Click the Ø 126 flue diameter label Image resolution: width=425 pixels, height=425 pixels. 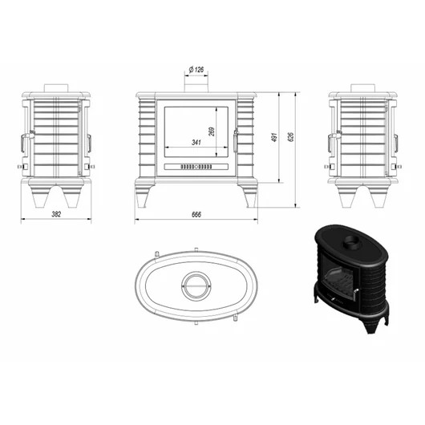tap(196, 70)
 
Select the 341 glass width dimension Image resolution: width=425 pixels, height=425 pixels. tap(196, 142)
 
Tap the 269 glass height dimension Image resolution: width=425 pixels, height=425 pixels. tap(212, 132)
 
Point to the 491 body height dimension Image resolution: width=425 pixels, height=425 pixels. tap(274, 137)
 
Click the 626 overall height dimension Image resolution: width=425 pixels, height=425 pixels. tap(290, 137)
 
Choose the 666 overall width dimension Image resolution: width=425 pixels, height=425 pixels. tap(196, 215)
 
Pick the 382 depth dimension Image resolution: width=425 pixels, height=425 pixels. tap(56, 214)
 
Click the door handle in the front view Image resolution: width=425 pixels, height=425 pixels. tap(236, 140)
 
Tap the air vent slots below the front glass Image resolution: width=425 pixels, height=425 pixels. tap(196, 167)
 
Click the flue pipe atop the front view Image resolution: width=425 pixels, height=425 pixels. tap(196, 84)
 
